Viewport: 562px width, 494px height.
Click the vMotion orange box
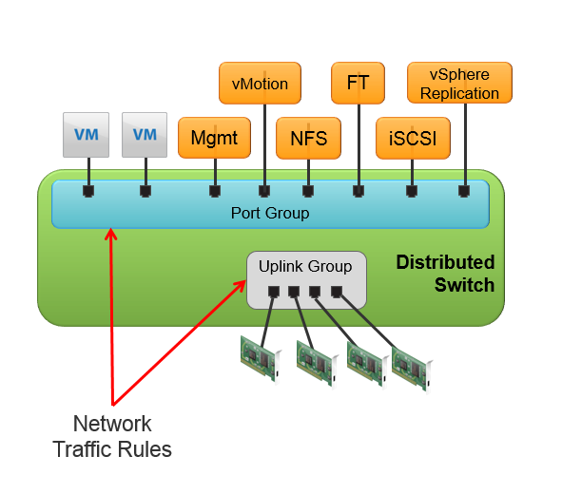pos(260,83)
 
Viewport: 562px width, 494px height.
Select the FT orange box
pos(358,83)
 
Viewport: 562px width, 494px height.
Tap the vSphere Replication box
pos(459,83)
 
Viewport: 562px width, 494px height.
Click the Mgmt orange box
pos(214,138)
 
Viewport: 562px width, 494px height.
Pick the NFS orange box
pos(308,138)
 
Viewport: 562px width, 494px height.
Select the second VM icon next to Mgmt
pos(145,135)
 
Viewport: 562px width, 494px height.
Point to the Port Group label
pos(270,213)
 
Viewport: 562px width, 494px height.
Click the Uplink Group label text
pos(305,266)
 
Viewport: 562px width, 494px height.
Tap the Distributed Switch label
pos(445,274)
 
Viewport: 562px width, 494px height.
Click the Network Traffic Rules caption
pos(112,436)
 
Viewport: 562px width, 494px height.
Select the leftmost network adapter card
pos(259,359)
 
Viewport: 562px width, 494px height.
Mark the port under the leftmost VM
pos(88,191)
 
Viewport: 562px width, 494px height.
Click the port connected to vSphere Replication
pos(464,191)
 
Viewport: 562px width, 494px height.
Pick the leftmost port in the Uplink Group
pos(273,291)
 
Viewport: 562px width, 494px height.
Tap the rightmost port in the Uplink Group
pos(336,291)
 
